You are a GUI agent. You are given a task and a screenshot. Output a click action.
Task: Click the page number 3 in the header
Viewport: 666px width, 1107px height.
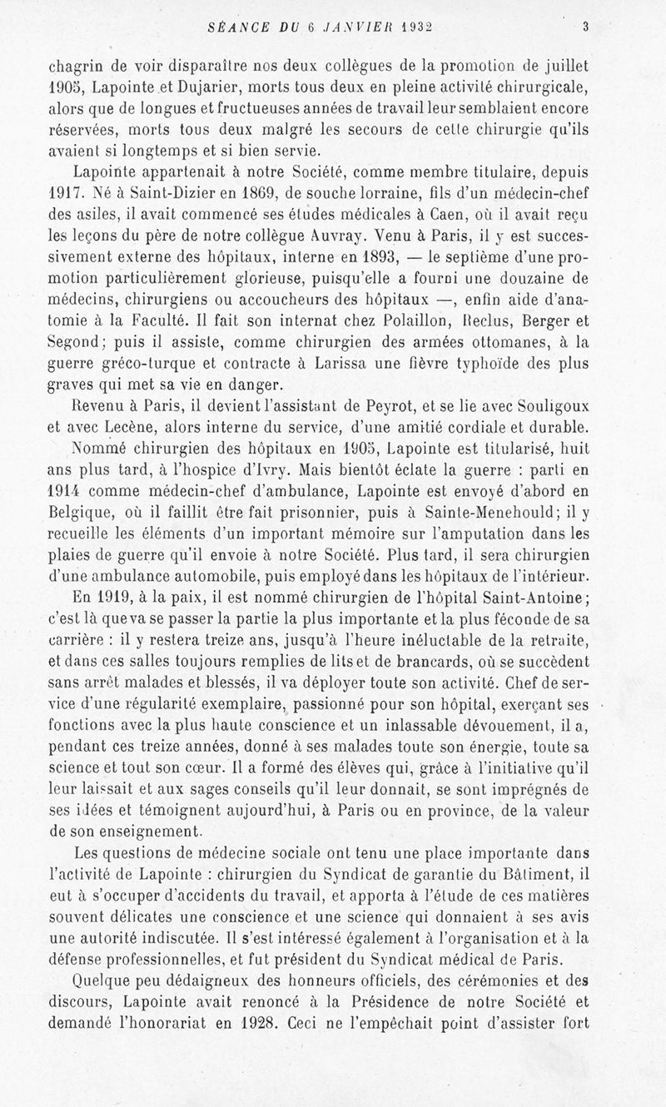(586, 26)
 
